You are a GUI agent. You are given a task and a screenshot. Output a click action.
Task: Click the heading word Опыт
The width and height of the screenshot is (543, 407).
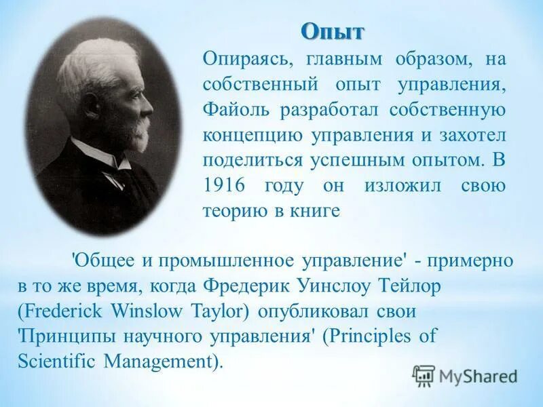(333, 31)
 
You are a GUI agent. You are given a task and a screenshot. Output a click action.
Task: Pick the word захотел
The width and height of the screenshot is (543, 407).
(472, 134)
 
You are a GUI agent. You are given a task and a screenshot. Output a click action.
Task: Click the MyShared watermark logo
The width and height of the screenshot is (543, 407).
(465, 376)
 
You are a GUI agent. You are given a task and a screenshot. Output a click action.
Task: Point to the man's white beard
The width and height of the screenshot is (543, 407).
(139, 136)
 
